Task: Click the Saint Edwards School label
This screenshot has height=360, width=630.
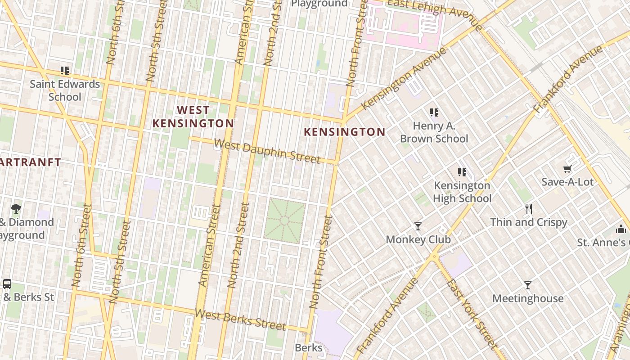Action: click(x=65, y=90)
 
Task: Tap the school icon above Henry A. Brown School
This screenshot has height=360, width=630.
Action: click(x=434, y=112)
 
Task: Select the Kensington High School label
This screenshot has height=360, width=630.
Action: click(x=462, y=192)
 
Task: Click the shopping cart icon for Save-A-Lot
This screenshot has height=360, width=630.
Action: click(x=567, y=169)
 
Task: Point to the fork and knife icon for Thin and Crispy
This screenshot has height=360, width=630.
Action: click(x=529, y=209)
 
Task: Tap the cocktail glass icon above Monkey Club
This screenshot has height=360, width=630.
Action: click(x=418, y=226)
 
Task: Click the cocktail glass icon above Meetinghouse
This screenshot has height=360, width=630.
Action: click(x=528, y=285)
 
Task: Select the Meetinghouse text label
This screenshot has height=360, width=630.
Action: click(x=528, y=298)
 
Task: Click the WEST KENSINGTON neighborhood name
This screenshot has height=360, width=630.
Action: click(x=193, y=117)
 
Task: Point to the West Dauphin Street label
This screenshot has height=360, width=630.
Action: click(x=267, y=152)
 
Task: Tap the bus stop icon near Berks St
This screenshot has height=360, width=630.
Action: click(x=7, y=284)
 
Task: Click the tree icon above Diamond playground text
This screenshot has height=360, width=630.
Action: click(x=16, y=208)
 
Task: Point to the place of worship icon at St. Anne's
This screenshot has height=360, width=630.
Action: click(x=621, y=229)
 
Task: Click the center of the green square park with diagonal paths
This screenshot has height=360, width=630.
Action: click(x=284, y=221)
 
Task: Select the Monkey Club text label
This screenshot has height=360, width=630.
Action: click(x=418, y=239)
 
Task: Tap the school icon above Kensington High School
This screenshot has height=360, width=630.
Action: click(x=462, y=172)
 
